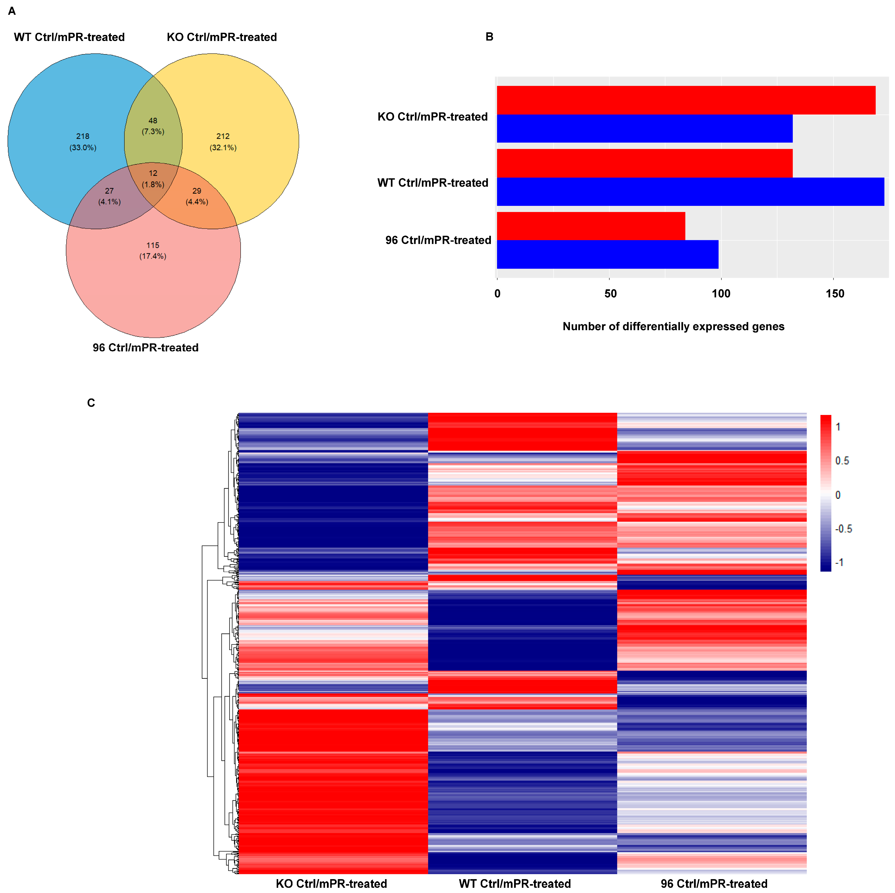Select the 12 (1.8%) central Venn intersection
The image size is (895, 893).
tap(153, 179)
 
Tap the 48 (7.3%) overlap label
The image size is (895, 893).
tap(153, 126)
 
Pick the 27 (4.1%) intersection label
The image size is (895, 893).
tap(109, 196)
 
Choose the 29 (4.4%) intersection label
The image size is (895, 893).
tap(197, 196)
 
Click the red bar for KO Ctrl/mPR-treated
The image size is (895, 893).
tap(686, 100)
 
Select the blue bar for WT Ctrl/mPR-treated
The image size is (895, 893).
tap(690, 191)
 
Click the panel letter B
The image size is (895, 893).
tap(489, 37)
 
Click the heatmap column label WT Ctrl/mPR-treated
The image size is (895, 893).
tap(515, 883)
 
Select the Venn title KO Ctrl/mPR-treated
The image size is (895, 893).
tap(222, 37)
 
